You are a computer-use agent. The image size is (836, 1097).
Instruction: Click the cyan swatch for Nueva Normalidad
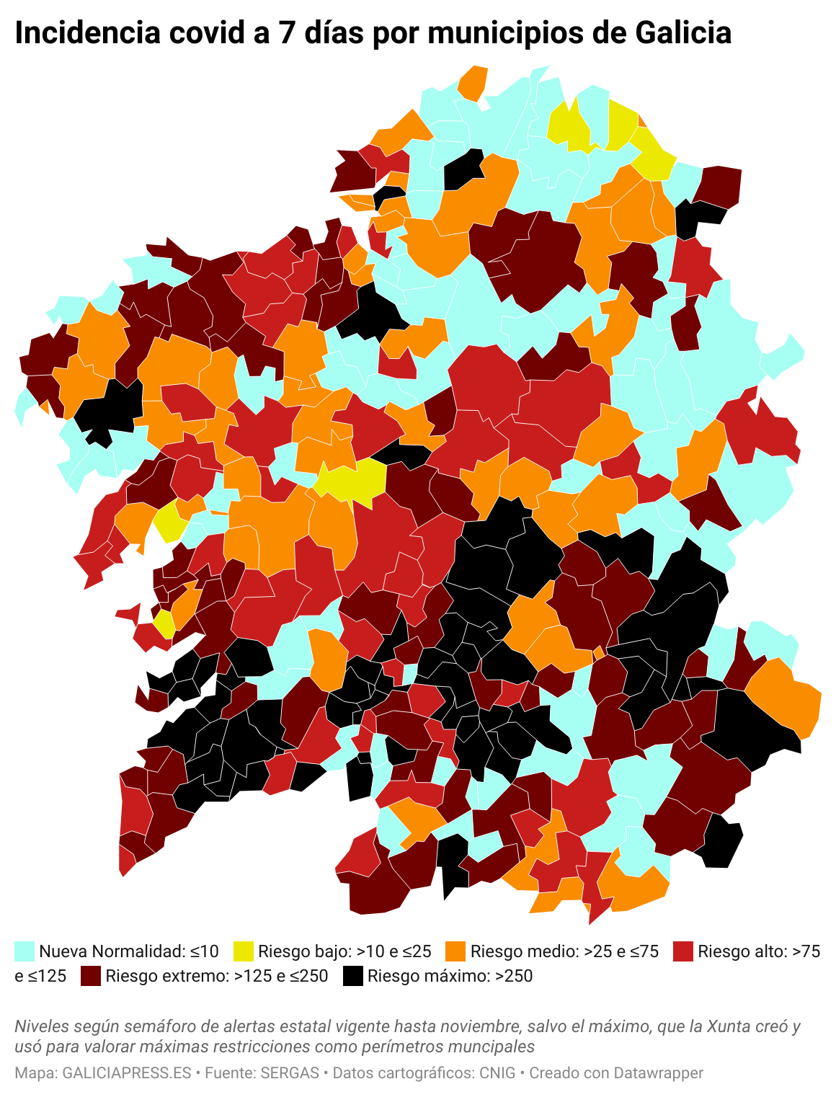pos(25,951)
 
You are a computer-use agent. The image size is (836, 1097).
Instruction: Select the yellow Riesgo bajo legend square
pos(244,951)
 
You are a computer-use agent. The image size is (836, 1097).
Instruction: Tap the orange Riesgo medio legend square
pos(455,951)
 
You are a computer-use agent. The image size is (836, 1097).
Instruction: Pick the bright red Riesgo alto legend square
pos(682,951)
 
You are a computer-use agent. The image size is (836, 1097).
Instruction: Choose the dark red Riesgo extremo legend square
pos(91,976)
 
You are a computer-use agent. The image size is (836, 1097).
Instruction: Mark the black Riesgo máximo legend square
pos(352,976)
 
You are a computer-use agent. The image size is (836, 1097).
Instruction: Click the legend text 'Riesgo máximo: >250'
pos(450,976)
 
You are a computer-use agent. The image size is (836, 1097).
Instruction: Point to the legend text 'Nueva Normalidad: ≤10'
pos(128,951)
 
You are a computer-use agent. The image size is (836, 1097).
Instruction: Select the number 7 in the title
pos(287,33)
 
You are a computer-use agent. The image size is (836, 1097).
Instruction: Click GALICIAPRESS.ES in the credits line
pos(127,1072)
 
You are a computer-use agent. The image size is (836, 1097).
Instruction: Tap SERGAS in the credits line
pos(290,1072)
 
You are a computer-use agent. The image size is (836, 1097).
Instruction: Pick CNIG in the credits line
pos(497,1072)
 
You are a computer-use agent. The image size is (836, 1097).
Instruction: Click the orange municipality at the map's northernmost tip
pos(473,82)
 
